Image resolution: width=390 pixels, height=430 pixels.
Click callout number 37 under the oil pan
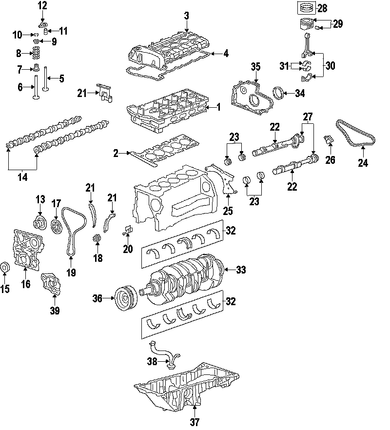click(x=195, y=422)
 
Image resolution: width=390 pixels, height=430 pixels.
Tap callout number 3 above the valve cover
click(x=187, y=16)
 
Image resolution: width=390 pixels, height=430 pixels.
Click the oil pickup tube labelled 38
click(x=163, y=355)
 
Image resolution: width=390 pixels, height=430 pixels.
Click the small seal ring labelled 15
click(x=6, y=268)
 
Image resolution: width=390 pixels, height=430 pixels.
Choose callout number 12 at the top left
click(x=43, y=6)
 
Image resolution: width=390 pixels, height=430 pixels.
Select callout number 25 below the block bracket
click(x=227, y=211)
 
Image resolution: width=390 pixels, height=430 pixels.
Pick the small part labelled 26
click(x=329, y=141)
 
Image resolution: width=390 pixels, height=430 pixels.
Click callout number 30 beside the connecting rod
click(x=330, y=66)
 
